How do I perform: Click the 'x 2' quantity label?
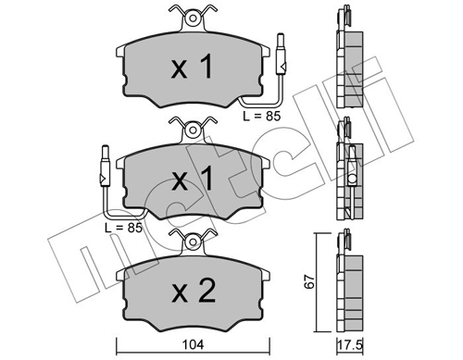point(194,291)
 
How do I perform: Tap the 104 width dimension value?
point(193,345)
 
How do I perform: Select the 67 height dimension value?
point(309,281)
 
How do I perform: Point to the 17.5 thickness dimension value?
point(349,345)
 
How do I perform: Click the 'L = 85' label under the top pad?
point(262,117)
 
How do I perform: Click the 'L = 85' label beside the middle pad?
point(123,228)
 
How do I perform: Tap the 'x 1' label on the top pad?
point(192,66)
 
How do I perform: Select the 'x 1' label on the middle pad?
point(192,178)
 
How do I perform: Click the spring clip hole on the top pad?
point(193,19)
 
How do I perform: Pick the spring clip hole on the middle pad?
point(193,130)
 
